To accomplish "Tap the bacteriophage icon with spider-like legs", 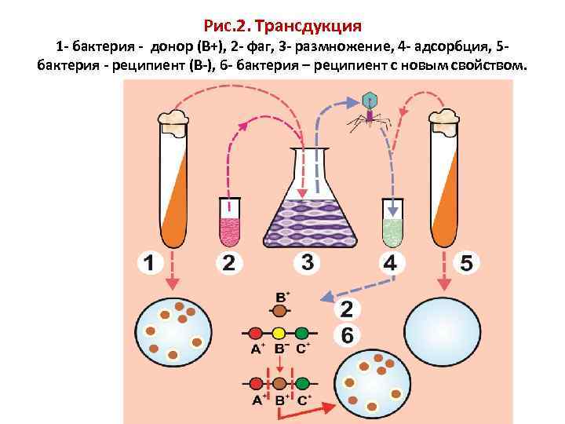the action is [369, 110].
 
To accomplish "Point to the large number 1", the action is [148, 263].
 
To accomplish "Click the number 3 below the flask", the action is [307, 261].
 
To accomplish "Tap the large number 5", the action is [466, 263].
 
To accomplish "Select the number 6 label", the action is [347, 335].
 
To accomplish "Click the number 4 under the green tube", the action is [389, 263].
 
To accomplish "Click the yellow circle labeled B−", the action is [279, 334].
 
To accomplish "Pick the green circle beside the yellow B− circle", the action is [302, 334].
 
